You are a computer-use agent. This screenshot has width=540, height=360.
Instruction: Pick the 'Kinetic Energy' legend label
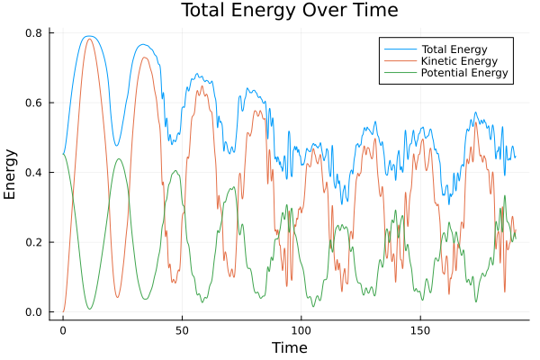(x=457, y=60)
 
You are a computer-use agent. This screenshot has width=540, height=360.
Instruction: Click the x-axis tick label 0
(x=63, y=330)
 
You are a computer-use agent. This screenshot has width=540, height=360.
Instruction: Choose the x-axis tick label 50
(x=182, y=330)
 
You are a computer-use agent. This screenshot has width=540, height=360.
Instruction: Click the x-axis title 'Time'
(x=289, y=347)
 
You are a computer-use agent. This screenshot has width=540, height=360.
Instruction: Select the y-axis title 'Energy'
(x=12, y=174)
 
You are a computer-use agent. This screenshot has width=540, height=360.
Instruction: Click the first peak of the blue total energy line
(x=88, y=36)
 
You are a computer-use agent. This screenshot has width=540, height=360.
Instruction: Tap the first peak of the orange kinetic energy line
(x=89, y=39)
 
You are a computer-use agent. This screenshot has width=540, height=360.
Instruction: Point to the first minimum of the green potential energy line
(x=89, y=310)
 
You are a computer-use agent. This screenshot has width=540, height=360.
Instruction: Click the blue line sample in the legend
(x=396, y=48)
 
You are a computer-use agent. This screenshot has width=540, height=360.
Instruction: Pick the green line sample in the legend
(x=396, y=73)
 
